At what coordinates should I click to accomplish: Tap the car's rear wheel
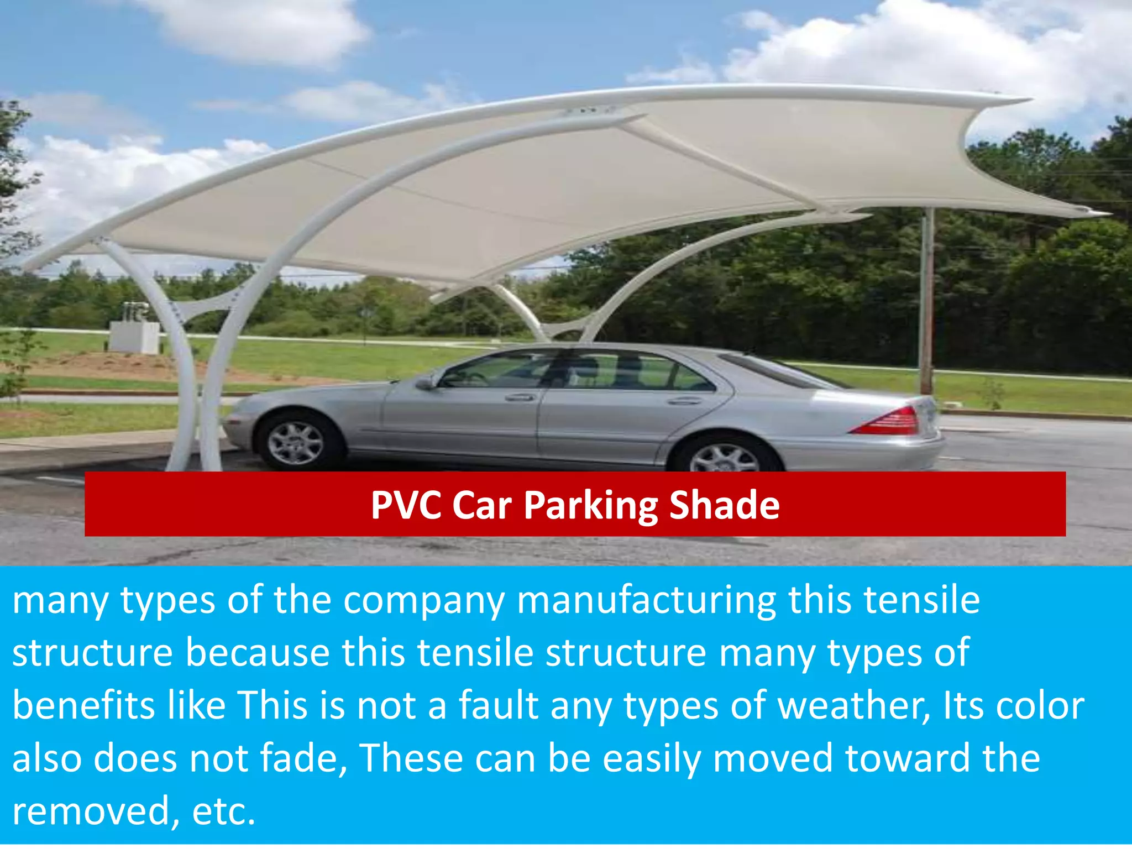724,455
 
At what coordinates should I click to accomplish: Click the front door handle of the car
519,397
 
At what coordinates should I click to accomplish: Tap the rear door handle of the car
684,400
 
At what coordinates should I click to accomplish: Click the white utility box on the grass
134,337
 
